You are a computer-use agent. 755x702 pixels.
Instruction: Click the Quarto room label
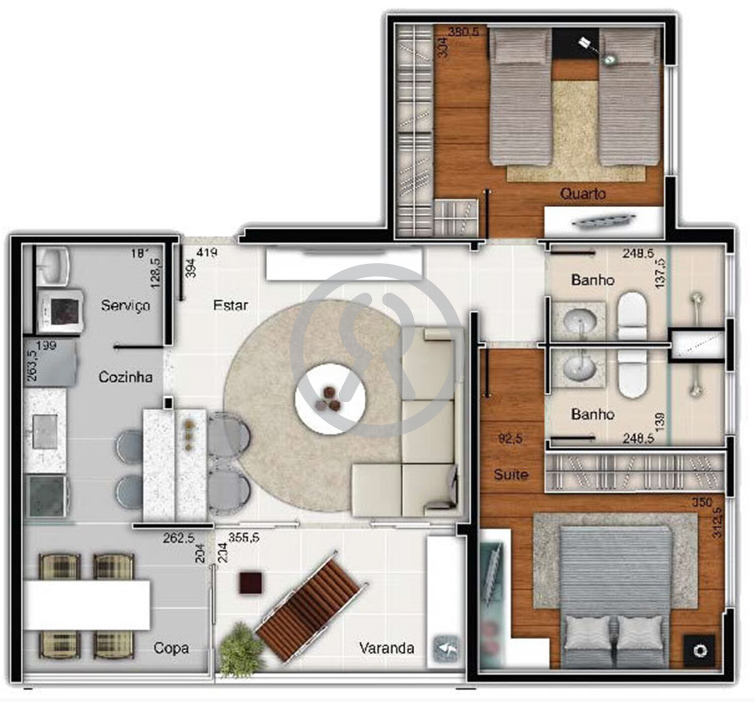(x=583, y=194)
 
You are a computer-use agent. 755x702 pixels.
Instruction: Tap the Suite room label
(x=511, y=474)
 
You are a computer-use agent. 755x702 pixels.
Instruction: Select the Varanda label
(x=387, y=648)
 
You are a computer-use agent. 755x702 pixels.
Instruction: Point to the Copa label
(x=171, y=648)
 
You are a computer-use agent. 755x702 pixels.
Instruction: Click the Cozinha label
(x=125, y=377)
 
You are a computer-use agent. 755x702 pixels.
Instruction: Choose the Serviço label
(x=125, y=305)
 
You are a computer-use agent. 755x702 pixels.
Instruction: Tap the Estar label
(x=231, y=305)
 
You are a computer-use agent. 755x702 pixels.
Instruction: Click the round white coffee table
(x=330, y=397)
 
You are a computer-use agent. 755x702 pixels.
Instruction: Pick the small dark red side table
(x=251, y=583)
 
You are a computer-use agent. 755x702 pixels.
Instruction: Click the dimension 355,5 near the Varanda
(x=244, y=538)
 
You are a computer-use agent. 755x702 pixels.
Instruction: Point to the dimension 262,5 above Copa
(x=178, y=538)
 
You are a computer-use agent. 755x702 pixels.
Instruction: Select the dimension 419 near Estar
(x=207, y=252)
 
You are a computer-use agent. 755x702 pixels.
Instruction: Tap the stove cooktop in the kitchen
(x=47, y=497)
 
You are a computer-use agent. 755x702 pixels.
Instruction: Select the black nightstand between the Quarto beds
(x=575, y=45)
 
